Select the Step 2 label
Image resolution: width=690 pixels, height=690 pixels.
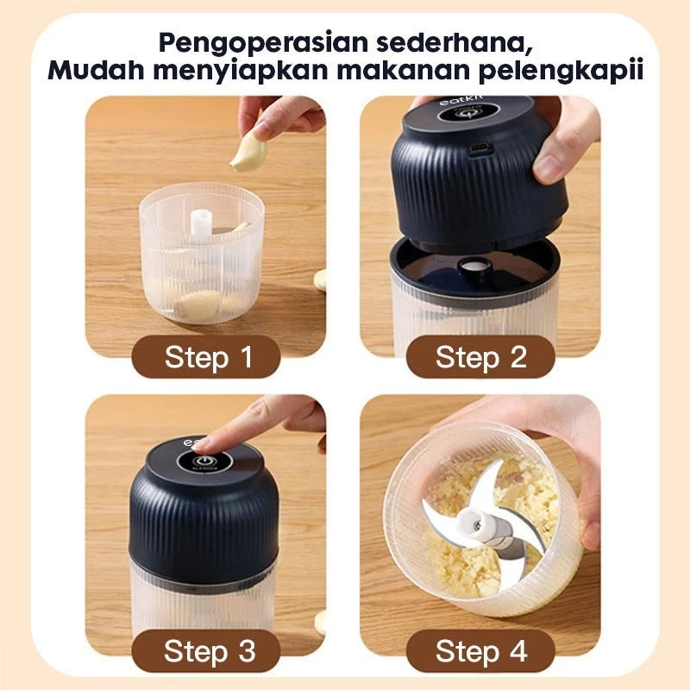click(480, 357)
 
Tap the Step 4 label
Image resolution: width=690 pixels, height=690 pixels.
click(480, 651)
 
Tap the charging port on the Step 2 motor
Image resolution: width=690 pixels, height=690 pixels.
click(480, 149)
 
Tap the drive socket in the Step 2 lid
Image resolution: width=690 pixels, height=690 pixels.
click(473, 264)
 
